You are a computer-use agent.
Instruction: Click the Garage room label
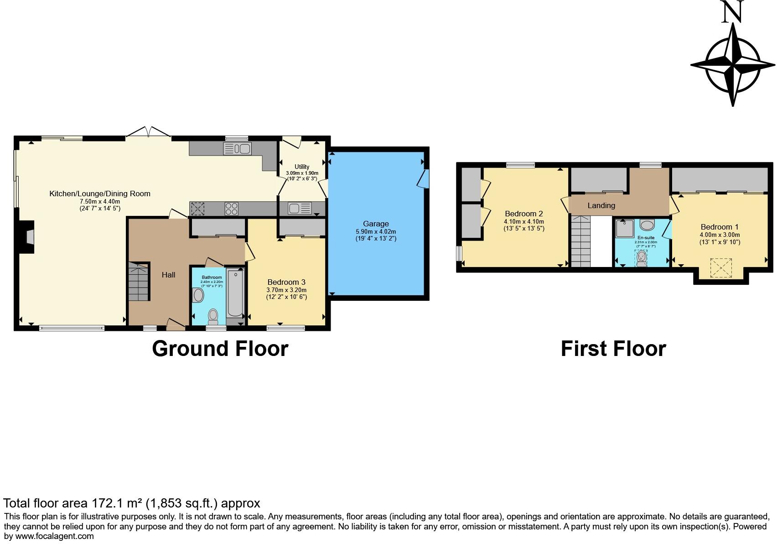(376, 224)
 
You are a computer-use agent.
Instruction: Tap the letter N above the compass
(733, 12)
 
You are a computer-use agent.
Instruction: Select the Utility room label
(302, 167)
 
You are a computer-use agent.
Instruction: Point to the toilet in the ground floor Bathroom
(213, 315)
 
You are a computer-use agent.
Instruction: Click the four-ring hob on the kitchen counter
(232, 209)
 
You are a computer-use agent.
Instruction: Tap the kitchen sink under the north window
(237, 148)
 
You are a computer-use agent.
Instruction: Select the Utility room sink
(300, 209)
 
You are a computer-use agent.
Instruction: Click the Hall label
(168, 275)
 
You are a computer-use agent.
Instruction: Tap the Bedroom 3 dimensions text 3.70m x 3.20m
(286, 290)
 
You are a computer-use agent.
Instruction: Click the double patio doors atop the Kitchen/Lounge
(149, 132)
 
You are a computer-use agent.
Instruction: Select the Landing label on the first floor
(601, 205)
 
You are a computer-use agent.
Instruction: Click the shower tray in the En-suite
(625, 228)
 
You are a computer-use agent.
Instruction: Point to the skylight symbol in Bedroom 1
(721, 268)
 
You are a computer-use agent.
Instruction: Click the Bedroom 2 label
(523, 214)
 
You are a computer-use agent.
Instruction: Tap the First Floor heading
(613, 349)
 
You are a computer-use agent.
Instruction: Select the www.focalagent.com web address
(55, 536)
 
